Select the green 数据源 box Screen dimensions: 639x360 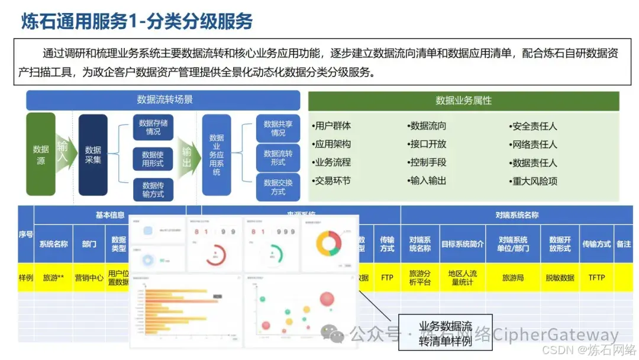pyautogui.click(x=41, y=155)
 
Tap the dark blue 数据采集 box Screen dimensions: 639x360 pyautogui.click(x=93, y=155)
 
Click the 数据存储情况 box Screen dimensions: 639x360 pyautogui.click(x=153, y=127)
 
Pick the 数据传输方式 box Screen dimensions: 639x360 pyautogui.click(x=153, y=189)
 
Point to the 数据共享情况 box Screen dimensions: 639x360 pyautogui.click(x=278, y=128)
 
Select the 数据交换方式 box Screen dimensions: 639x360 pyautogui.click(x=278, y=187)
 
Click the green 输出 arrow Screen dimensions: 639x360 pyautogui.click(x=188, y=155)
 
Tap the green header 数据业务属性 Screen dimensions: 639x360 pyautogui.click(x=463, y=101)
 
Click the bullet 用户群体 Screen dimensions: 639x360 pyautogui.click(x=332, y=126)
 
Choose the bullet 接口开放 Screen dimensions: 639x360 pyautogui.click(x=428, y=144)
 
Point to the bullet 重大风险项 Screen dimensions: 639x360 pyautogui.click(x=534, y=181)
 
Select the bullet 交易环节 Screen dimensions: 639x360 pyautogui.click(x=332, y=181)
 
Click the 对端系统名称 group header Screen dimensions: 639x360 pyautogui.click(x=517, y=215)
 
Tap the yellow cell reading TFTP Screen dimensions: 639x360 pyautogui.click(x=596, y=277)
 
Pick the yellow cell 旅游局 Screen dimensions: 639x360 pyautogui.click(x=512, y=277)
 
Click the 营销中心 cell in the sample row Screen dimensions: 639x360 pyautogui.click(x=89, y=277)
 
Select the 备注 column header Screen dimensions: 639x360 pyautogui.click(x=623, y=243)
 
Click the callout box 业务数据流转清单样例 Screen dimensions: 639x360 pyautogui.click(x=445, y=333)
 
